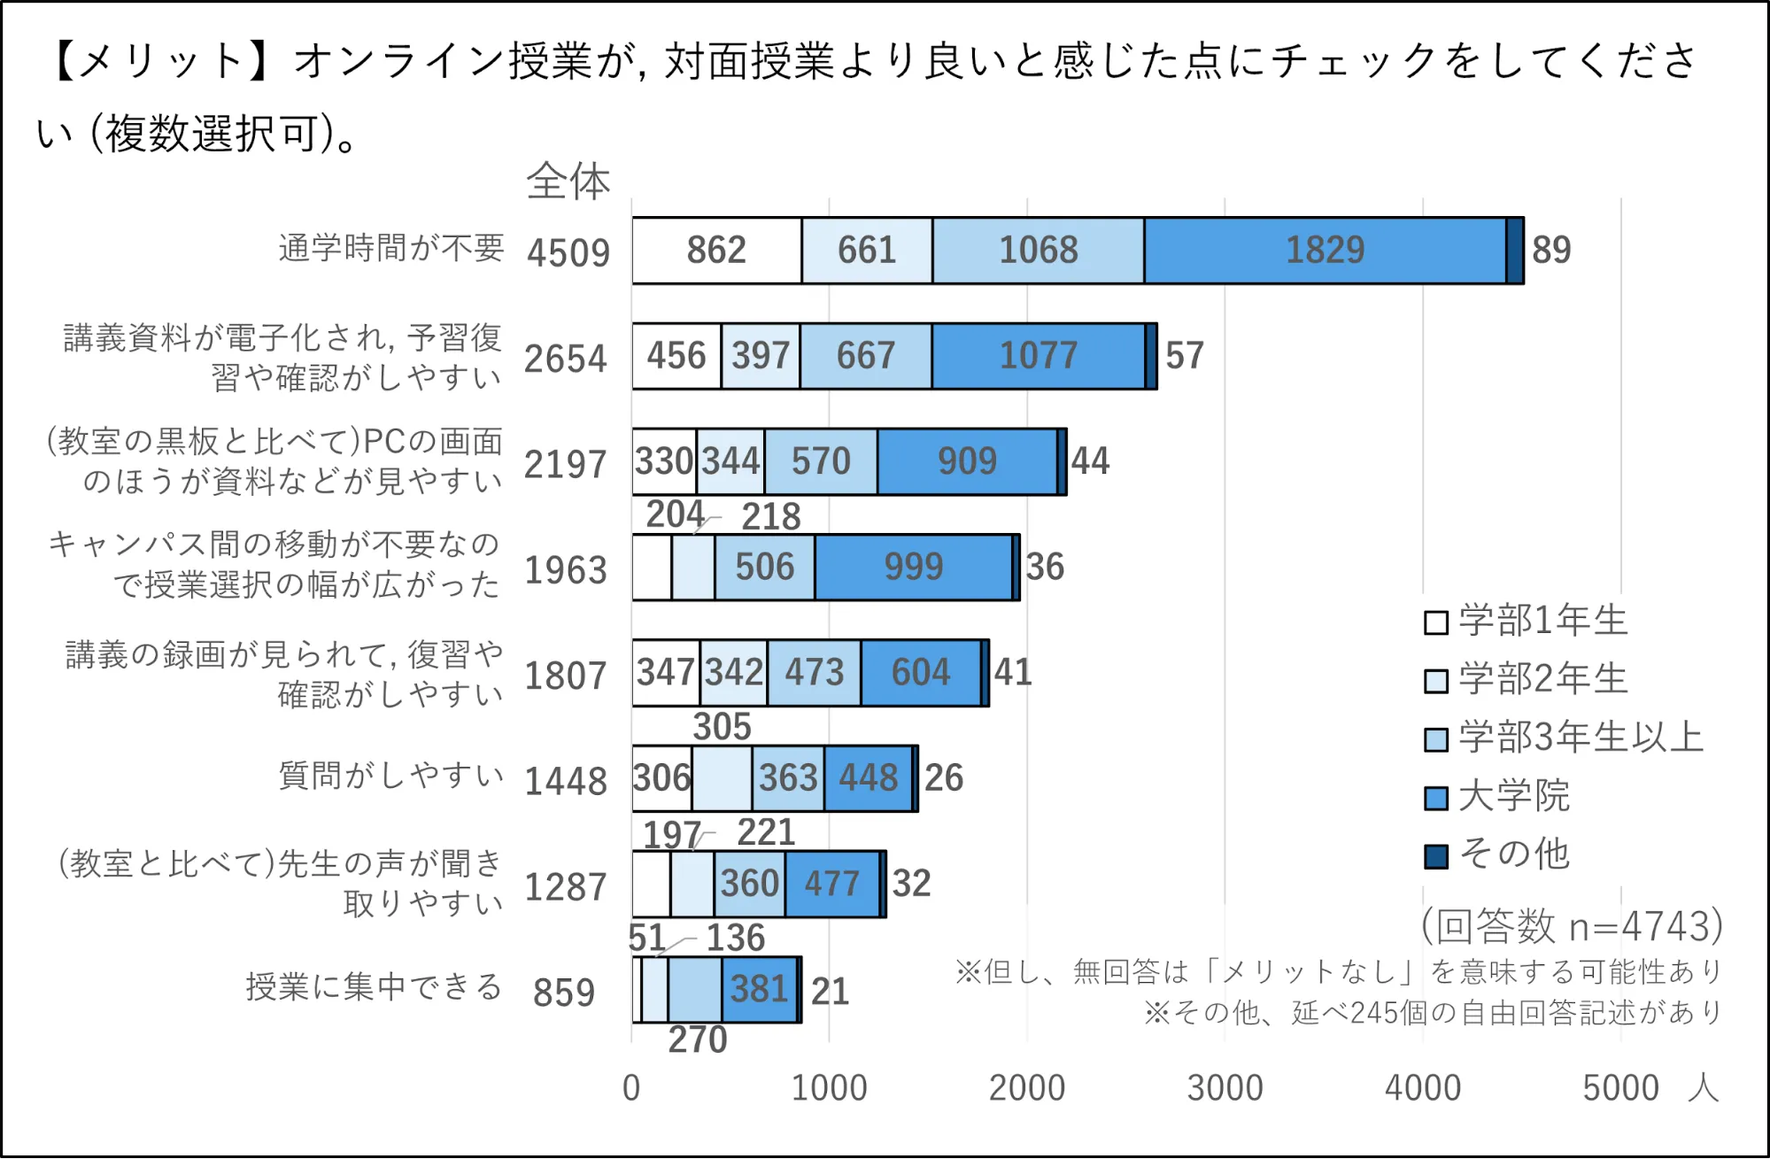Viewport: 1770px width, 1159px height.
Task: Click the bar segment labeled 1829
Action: point(1325,251)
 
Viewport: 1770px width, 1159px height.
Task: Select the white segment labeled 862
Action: point(716,251)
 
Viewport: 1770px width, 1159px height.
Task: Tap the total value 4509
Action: point(568,253)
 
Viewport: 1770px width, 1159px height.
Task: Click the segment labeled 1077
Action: point(1038,356)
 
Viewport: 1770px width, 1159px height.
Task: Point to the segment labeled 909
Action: point(967,461)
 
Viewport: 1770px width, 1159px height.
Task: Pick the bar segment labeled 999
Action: point(913,567)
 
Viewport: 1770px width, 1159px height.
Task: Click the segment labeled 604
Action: point(920,673)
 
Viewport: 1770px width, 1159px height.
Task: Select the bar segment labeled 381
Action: point(759,990)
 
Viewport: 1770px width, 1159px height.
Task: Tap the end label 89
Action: point(1551,251)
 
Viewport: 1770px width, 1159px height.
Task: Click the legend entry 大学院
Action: point(1512,796)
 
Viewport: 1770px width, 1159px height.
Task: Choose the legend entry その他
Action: point(1512,854)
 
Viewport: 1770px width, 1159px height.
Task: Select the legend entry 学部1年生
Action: point(1542,621)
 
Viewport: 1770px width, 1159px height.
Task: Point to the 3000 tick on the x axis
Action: point(1225,1088)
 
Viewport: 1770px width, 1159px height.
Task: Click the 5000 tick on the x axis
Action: point(1620,1088)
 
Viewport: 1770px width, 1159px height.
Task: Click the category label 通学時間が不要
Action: point(390,248)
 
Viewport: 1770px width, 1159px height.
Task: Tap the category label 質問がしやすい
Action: point(390,776)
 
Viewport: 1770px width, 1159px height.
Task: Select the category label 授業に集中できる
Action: point(374,986)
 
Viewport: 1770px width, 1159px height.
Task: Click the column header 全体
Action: point(568,182)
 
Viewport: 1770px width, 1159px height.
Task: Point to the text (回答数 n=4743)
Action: point(1572,926)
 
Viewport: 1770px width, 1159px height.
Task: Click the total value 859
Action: point(563,993)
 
